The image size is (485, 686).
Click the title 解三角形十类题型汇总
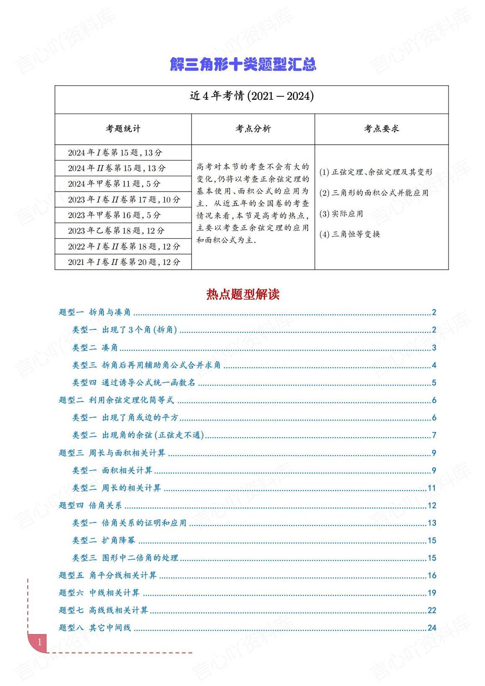coord(243,64)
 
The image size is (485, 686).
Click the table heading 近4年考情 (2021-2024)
coord(252,96)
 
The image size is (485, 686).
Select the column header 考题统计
coord(123,129)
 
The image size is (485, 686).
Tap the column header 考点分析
coord(253,129)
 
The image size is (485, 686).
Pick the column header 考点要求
coord(381,129)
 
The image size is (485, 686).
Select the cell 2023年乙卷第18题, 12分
coord(116,231)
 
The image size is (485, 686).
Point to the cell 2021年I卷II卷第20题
coord(124,262)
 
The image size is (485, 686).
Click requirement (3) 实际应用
coord(341,213)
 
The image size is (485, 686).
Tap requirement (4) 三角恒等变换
coord(350,234)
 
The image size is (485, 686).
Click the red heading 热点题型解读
coord(243,294)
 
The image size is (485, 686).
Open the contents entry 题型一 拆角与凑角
coord(95,312)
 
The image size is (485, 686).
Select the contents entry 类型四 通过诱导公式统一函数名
coord(134,382)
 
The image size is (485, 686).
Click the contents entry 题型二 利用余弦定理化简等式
coord(116,400)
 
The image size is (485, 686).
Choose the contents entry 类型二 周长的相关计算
coord(117,488)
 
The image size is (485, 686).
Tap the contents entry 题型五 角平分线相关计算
coord(108,575)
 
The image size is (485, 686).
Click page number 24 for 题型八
coord(432,628)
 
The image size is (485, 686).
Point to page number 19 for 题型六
coord(432,593)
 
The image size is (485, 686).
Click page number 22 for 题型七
coord(432,611)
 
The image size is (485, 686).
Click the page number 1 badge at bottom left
coord(39,642)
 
